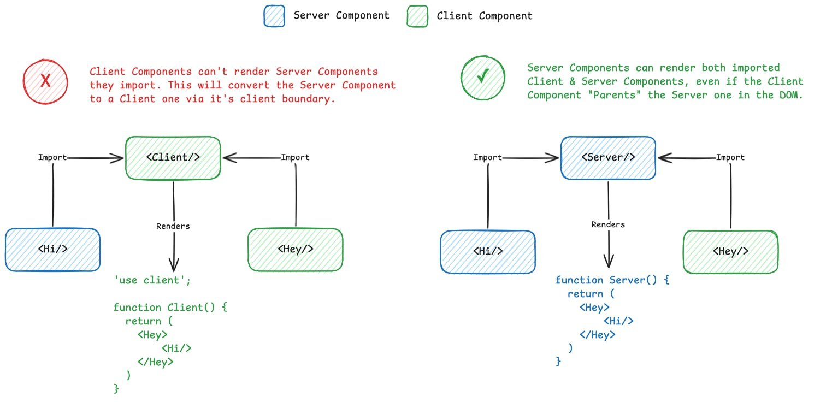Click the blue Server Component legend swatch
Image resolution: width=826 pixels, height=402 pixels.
[274, 16]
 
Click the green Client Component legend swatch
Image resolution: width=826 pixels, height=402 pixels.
[417, 16]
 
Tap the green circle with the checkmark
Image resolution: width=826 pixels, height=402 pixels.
[482, 78]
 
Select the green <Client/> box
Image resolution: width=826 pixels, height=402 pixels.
[173, 158]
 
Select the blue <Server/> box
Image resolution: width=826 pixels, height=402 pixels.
[608, 157]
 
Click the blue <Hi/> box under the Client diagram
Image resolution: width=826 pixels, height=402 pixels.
[53, 249]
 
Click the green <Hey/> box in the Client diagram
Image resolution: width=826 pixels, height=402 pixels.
[296, 249]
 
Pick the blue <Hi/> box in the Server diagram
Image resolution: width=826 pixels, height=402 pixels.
[488, 251]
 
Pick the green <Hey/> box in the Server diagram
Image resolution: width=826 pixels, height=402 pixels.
[730, 251]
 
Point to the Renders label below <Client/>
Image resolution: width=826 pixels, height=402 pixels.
[173, 226]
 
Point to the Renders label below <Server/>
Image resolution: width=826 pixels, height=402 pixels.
[608, 224]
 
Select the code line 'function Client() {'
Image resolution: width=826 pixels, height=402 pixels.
[170, 308]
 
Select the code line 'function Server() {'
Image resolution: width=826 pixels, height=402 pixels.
[612, 280]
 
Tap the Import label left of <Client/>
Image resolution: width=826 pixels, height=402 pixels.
[52, 157]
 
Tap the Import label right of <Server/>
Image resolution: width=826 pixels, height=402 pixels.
[730, 157]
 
